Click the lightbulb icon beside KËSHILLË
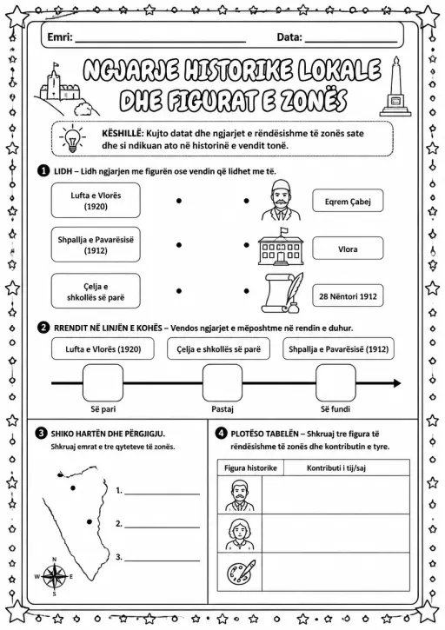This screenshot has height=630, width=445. click(x=72, y=138)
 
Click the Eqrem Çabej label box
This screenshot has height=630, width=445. click(x=348, y=202)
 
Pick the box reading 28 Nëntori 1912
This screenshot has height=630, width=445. click(x=348, y=296)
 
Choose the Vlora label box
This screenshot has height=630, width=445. click(x=348, y=249)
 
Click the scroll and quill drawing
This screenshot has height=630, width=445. click(x=282, y=293)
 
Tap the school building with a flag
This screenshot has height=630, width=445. click(x=281, y=246)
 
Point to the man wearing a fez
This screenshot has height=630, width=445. click(x=281, y=200)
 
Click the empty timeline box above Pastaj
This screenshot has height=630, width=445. click(x=222, y=382)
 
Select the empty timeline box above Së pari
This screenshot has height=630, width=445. click(x=103, y=382)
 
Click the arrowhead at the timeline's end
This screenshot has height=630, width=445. click(x=397, y=383)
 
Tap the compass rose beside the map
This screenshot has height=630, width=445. click(x=55, y=577)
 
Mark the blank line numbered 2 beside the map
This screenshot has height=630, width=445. click(x=162, y=527)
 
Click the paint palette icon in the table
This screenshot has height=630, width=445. click(x=241, y=572)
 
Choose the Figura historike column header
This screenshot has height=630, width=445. click(x=250, y=468)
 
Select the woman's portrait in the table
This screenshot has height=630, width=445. click(x=240, y=534)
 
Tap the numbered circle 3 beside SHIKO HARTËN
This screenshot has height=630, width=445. click(x=41, y=433)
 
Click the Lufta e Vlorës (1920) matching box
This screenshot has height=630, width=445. click(x=96, y=201)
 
